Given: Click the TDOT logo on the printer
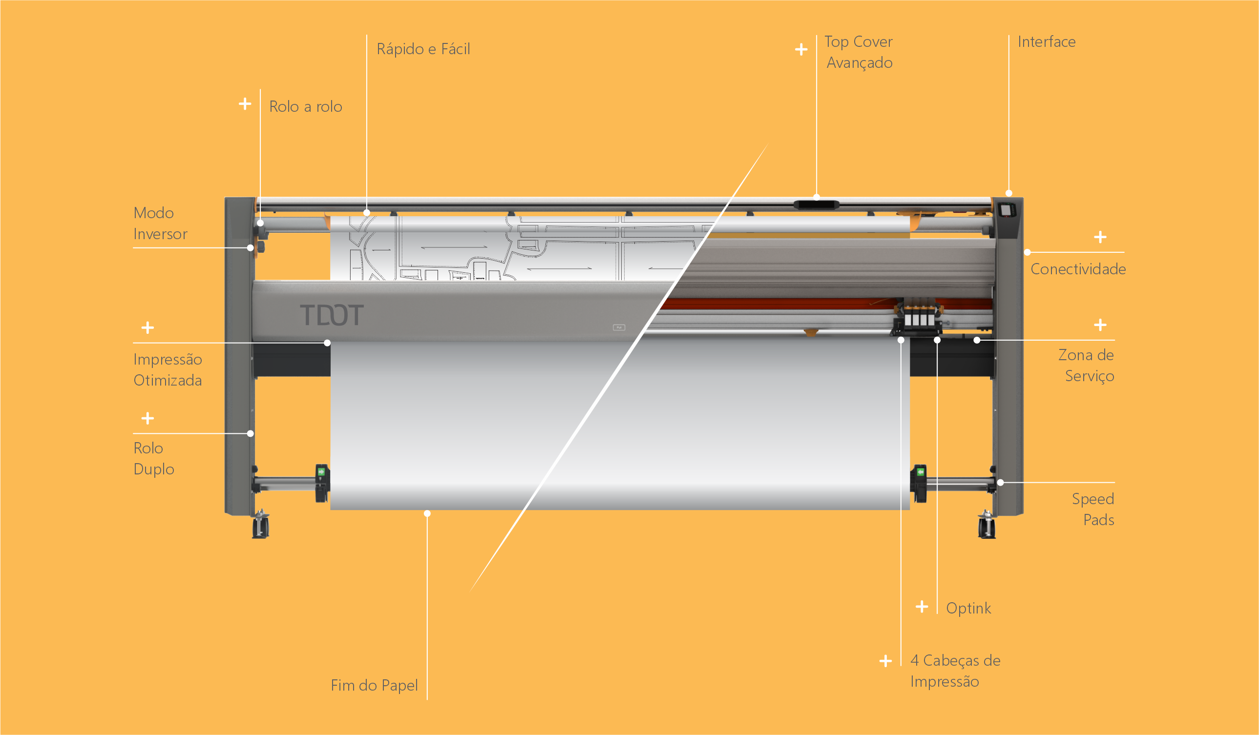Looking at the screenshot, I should click(332, 315).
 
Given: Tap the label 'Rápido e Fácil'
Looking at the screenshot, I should click(423, 49).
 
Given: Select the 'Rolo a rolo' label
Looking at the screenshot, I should click(305, 106).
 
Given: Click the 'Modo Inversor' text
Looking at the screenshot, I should click(160, 223).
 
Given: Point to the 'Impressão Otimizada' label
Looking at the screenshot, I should click(168, 369).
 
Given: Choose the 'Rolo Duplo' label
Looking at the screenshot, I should click(153, 458).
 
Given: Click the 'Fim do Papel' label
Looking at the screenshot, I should click(374, 685).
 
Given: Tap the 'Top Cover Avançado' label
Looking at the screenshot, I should click(859, 52).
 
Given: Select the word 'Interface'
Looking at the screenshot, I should click(1046, 41).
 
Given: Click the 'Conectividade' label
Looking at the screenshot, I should click(1078, 269).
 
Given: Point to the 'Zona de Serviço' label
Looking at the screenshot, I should click(1087, 365).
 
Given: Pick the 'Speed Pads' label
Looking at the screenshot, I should click(1093, 509).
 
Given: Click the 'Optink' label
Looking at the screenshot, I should click(968, 608).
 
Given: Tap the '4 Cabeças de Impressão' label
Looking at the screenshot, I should click(955, 671).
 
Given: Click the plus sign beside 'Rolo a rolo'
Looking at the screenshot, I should click(245, 104).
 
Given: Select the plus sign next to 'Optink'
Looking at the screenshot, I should click(922, 607).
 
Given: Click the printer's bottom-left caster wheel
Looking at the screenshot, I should click(260, 526).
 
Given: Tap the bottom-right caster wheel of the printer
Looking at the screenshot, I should click(986, 526).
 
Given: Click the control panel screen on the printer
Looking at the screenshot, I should click(1006, 210).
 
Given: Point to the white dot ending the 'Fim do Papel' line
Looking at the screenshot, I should click(427, 513).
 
